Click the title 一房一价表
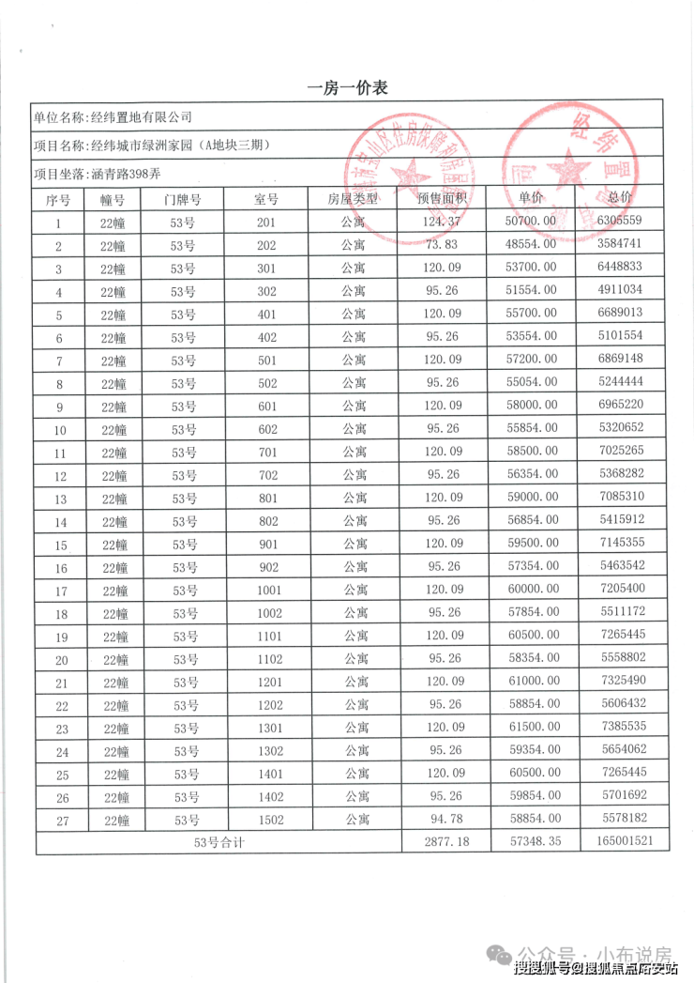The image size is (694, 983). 347,88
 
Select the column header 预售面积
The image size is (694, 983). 442,199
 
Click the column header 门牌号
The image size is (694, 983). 182,199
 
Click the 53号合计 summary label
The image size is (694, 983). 219,842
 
